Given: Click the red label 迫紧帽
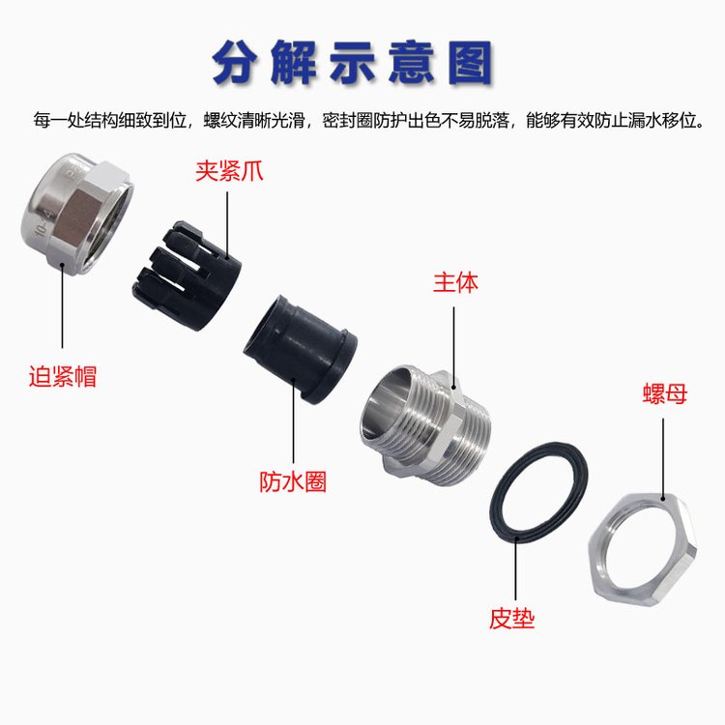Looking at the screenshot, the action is coord(63,376).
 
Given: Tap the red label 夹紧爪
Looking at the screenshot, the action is coord(229,171).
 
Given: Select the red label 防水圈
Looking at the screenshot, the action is coord(293,481).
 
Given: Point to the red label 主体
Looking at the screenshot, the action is coord(455,282).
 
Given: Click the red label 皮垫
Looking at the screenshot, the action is coord(511,618).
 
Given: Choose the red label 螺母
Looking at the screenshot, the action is coord(665,394).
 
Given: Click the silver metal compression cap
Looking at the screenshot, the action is coord(77,214).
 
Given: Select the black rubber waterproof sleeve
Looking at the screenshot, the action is coord(300,350).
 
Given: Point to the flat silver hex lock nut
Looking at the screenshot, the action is coord(642,549).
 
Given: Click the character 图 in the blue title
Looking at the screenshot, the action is coord(470,63).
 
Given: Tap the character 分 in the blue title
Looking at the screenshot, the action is coord(235,63).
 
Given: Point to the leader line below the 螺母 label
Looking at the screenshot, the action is coord(663,459).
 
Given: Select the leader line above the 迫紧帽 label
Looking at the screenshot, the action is coord(63,305).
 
